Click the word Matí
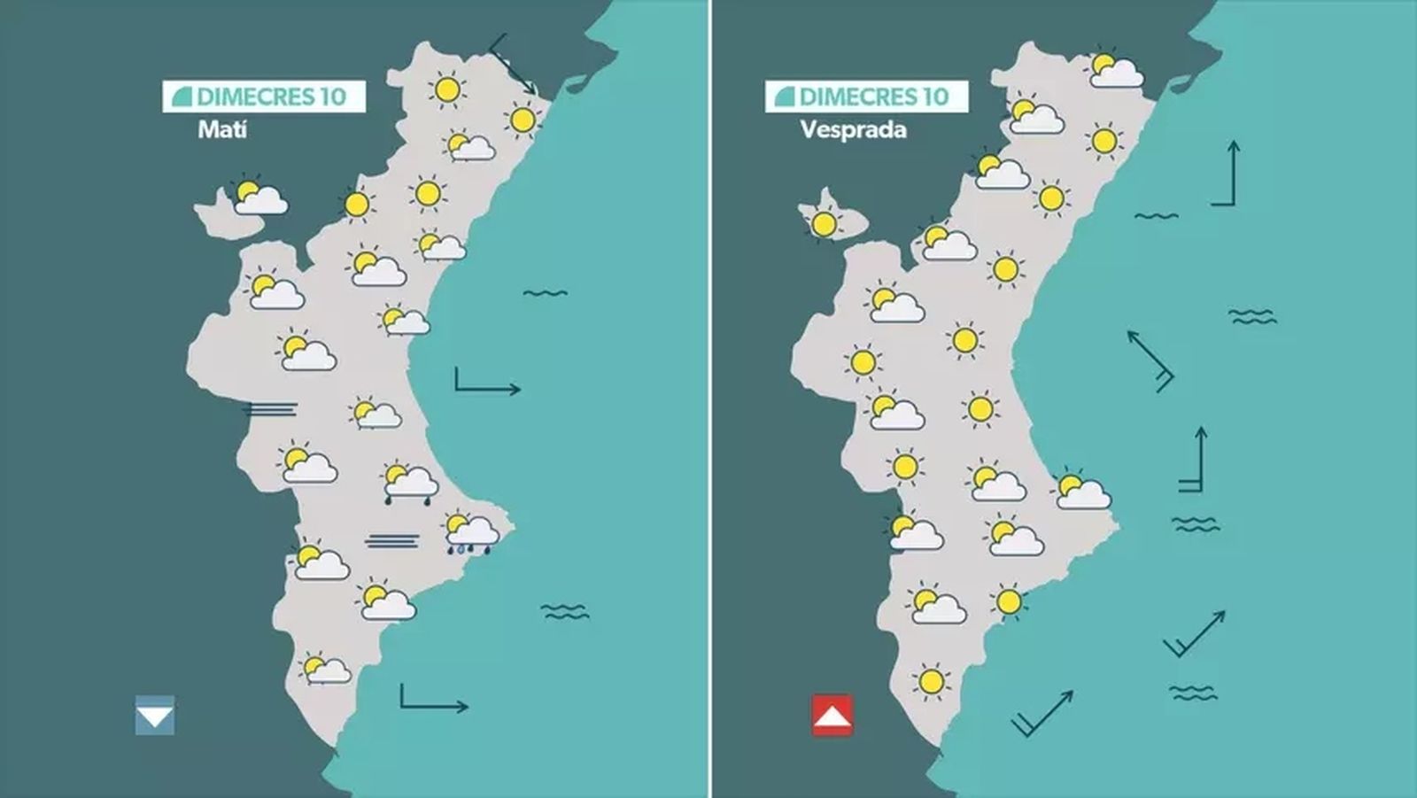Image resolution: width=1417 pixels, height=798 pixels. [221, 129]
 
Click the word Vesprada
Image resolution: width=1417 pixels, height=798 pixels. [853, 129]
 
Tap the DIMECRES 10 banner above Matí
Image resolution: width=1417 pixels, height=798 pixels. [264, 97]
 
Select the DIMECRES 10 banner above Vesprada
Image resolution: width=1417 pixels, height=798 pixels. [866, 97]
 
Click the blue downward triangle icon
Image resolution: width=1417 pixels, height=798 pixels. [155, 716]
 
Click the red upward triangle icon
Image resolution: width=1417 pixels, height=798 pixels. [832, 716]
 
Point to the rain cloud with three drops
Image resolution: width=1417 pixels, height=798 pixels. [470, 534]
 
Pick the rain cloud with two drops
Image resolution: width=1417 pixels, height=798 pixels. [409, 484]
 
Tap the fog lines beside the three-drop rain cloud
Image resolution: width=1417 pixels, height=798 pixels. [392, 540]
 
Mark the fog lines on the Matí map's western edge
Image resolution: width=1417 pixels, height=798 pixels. [271, 409]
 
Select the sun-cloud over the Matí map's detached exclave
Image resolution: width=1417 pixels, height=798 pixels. [259, 198]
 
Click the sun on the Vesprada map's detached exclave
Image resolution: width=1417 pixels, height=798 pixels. [825, 224]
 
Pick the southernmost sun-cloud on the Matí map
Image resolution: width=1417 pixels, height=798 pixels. [325, 670]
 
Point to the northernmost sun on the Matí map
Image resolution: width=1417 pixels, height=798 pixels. [447, 89]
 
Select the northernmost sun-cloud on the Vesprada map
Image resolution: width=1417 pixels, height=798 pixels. [1114, 70]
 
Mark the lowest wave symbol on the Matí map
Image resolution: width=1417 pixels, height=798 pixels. [564, 611]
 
